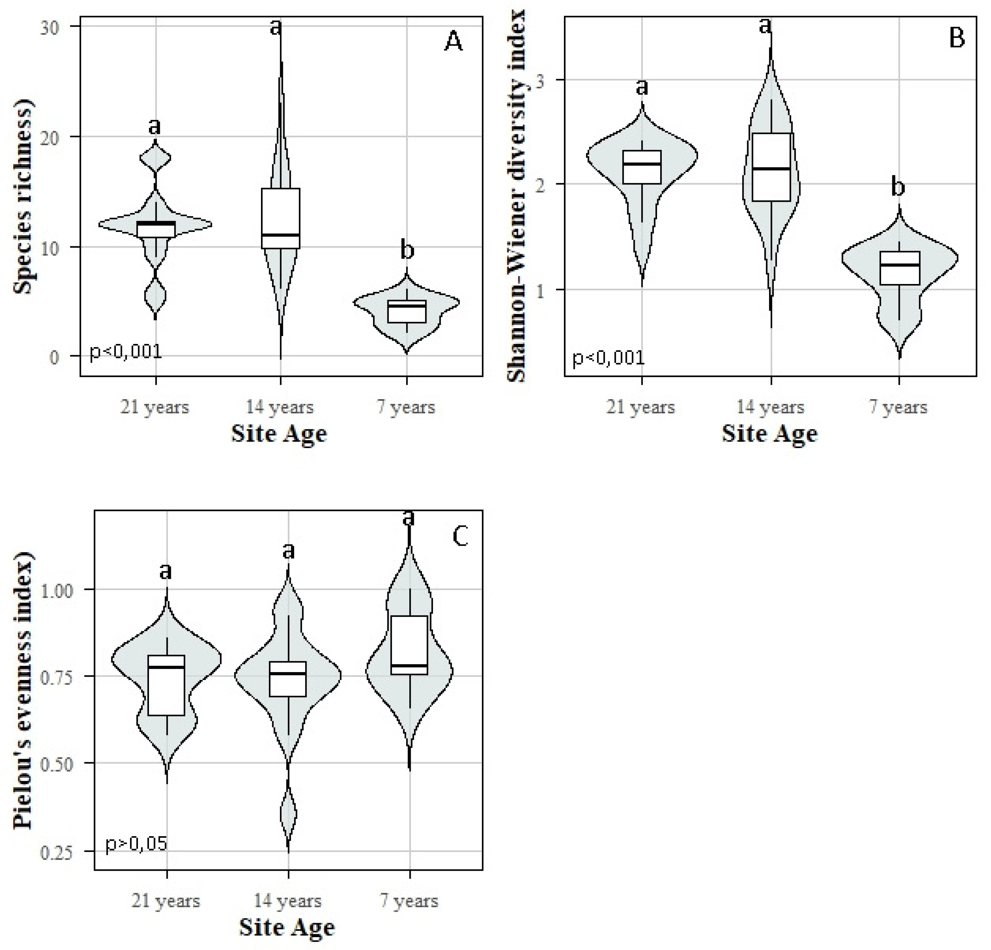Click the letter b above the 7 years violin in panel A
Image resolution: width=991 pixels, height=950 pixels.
[x=407, y=250]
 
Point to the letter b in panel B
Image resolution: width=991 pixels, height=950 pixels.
[x=897, y=187]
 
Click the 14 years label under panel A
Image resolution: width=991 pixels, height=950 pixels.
[x=280, y=407]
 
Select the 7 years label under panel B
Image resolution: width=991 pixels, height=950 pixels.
[x=898, y=407]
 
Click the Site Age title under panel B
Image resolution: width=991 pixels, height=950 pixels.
[x=769, y=434]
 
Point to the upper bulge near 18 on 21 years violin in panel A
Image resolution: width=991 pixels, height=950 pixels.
[x=155, y=158]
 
